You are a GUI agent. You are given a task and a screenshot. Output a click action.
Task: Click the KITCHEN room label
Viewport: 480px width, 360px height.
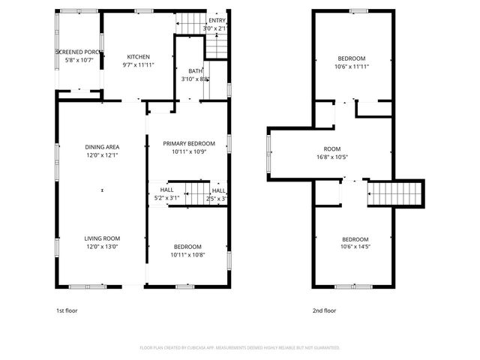[x=138, y=57]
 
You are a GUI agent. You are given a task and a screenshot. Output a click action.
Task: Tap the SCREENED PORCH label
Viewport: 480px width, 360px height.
[x=79, y=52]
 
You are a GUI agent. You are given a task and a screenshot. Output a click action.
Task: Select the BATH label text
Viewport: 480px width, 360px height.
[x=195, y=70]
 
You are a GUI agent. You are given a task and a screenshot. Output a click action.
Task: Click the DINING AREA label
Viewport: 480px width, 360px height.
[x=102, y=147]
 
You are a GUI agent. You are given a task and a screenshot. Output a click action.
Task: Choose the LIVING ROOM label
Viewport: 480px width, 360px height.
[x=102, y=238]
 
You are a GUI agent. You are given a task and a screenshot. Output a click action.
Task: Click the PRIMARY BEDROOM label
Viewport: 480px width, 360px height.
[x=189, y=143]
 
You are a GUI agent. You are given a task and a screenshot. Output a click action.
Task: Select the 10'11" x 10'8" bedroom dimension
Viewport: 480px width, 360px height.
[x=187, y=255]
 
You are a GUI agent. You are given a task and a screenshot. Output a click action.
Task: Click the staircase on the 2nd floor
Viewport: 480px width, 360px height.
[x=395, y=194]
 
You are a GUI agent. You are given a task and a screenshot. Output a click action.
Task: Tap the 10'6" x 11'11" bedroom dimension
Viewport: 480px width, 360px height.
[x=351, y=67]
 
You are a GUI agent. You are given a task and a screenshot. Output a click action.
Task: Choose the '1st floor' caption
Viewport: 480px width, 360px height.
[x=67, y=310]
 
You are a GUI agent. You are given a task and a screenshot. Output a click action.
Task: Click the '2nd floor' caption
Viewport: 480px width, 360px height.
[x=324, y=310]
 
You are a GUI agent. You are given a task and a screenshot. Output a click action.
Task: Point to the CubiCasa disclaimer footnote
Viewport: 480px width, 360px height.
[x=240, y=348]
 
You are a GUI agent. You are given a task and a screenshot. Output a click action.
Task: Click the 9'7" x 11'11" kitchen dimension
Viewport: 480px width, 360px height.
[x=138, y=65]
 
